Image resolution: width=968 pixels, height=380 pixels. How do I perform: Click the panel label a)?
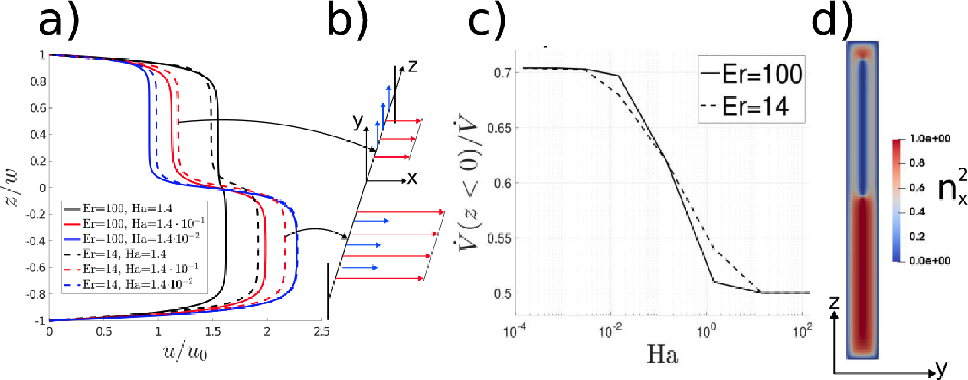click(x=58, y=21)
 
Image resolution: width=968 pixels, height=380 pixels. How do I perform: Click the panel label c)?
click(x=487, y=21)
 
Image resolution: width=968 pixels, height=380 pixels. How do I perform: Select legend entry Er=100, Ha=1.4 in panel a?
click(x=127, y=208)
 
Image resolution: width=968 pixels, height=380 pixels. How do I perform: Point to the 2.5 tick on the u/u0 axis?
click(x=321, y=332)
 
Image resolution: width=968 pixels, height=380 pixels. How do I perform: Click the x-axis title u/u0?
click(x=185, y=353)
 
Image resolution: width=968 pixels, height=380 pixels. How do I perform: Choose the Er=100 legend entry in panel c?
click(x=761, y=74)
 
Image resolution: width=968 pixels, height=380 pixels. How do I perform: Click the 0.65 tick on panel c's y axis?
click(x=499, y=127)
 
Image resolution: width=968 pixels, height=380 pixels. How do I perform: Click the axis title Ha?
click(x=662, y=355)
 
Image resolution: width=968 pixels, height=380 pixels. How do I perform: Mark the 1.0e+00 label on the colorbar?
click(x=930, y=139)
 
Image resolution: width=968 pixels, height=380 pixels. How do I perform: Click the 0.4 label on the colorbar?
click(x=917, y=212)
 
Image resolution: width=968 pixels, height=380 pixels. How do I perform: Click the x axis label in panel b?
click(x=412, y=178)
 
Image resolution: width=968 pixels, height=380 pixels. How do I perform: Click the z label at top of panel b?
click(x=413, y=66)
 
